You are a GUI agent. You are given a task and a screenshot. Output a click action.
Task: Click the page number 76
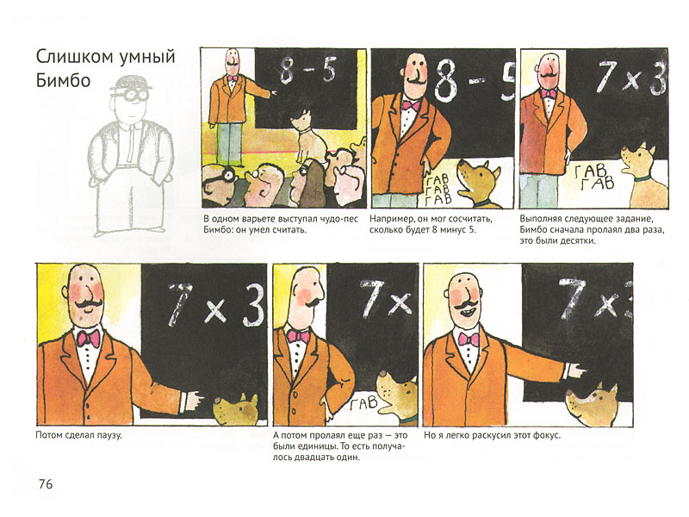coord(46,484)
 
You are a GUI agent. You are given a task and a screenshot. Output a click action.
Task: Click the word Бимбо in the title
coord(63,80)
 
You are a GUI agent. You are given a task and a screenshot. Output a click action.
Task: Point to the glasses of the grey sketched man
coord(131,96)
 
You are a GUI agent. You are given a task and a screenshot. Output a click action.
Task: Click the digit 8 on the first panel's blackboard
coord(287,71)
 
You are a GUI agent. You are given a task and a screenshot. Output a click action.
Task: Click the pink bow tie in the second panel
coord(412,105)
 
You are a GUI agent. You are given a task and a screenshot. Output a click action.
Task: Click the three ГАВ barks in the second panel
coord(438,189)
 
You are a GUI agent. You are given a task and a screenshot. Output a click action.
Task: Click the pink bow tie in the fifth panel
coord(298,336)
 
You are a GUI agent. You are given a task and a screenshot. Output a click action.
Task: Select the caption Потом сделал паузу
coord(78,436)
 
